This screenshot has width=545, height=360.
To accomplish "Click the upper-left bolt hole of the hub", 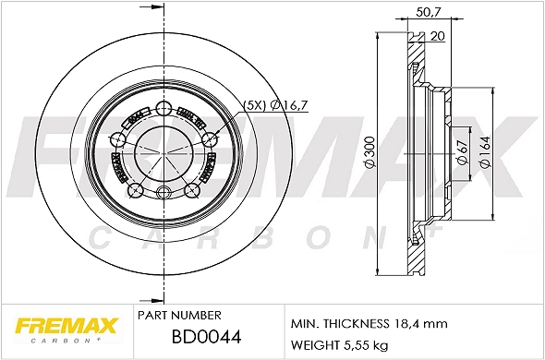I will (x=117, y=139).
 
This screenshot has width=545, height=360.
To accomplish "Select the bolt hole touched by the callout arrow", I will (x=210, y=139).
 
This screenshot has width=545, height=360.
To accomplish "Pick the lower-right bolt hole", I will (x=193, y=189).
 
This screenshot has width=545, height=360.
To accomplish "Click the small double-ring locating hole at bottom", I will (x=164, y=192).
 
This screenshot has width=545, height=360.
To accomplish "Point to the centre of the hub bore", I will (x=164, y=152).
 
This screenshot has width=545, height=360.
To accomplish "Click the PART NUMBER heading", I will (x=178, y=316).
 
